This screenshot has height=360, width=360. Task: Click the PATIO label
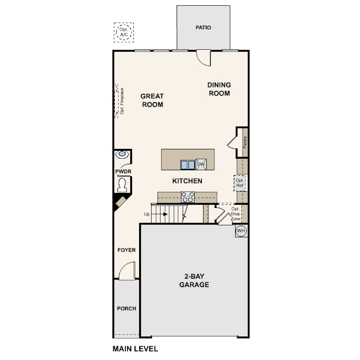pos(203,28)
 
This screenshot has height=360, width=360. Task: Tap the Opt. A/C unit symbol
pos(123,32)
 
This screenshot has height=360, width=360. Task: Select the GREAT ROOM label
pos(152,100)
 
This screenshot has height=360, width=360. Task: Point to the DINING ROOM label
pos(220,89)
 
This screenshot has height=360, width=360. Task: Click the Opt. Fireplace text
pos(121,101)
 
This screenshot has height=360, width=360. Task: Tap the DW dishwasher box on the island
pos(201,164)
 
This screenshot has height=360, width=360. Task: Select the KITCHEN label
pos(187,181)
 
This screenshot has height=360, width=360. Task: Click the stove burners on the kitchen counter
pos(188,197)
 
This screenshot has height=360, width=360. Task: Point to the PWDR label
pos(123,171)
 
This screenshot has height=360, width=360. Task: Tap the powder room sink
pos(122,155)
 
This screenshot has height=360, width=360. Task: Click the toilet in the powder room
pos(122,183)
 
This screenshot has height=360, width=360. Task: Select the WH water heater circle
pos(241,231)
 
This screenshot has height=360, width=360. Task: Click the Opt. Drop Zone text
pos(235,214)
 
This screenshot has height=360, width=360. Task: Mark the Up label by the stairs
pos(147,214)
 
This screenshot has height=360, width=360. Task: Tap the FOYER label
pos(126,250)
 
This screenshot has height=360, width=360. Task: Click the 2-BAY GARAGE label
pos(194,280)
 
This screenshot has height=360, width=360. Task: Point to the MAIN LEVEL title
pos(135,349)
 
